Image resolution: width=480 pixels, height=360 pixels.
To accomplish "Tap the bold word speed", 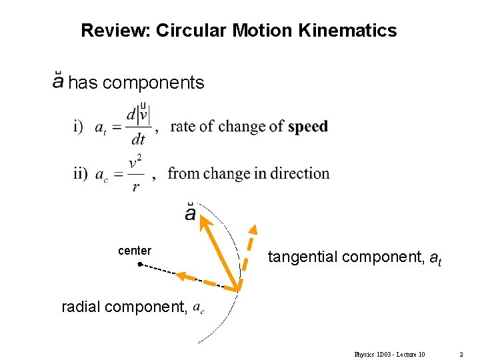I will [x=308, y=126].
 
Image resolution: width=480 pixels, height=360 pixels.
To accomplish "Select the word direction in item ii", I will [x=299, y=173].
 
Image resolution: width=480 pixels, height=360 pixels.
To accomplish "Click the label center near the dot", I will [x=135, y=251].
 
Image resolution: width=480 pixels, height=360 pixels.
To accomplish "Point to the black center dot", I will [x=139, y=265].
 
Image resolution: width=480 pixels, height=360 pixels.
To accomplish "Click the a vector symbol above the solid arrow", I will [x=190, y=213].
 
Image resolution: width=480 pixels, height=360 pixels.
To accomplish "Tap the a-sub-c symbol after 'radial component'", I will [x=199, y=307].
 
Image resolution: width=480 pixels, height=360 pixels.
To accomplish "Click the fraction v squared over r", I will [x=135, y=174].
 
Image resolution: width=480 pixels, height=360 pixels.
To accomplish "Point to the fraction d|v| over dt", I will [x=139, y=126].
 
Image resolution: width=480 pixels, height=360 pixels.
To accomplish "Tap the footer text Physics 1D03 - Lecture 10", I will [x=390, y=354].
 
